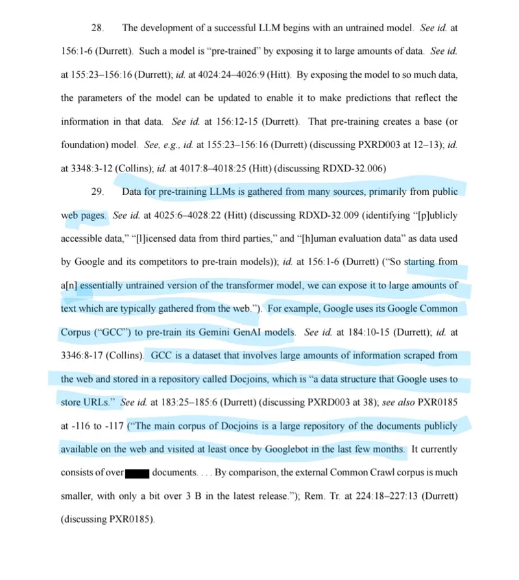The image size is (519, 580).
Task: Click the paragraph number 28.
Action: pyautogui.click(x=97, y=28)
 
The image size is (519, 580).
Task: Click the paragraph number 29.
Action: pyautogui.click(x=97, y=192)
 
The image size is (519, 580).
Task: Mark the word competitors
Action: pyautogui.click(x=167, y=262)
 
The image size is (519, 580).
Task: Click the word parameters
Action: pyautogui.click(x=108, y=98)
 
